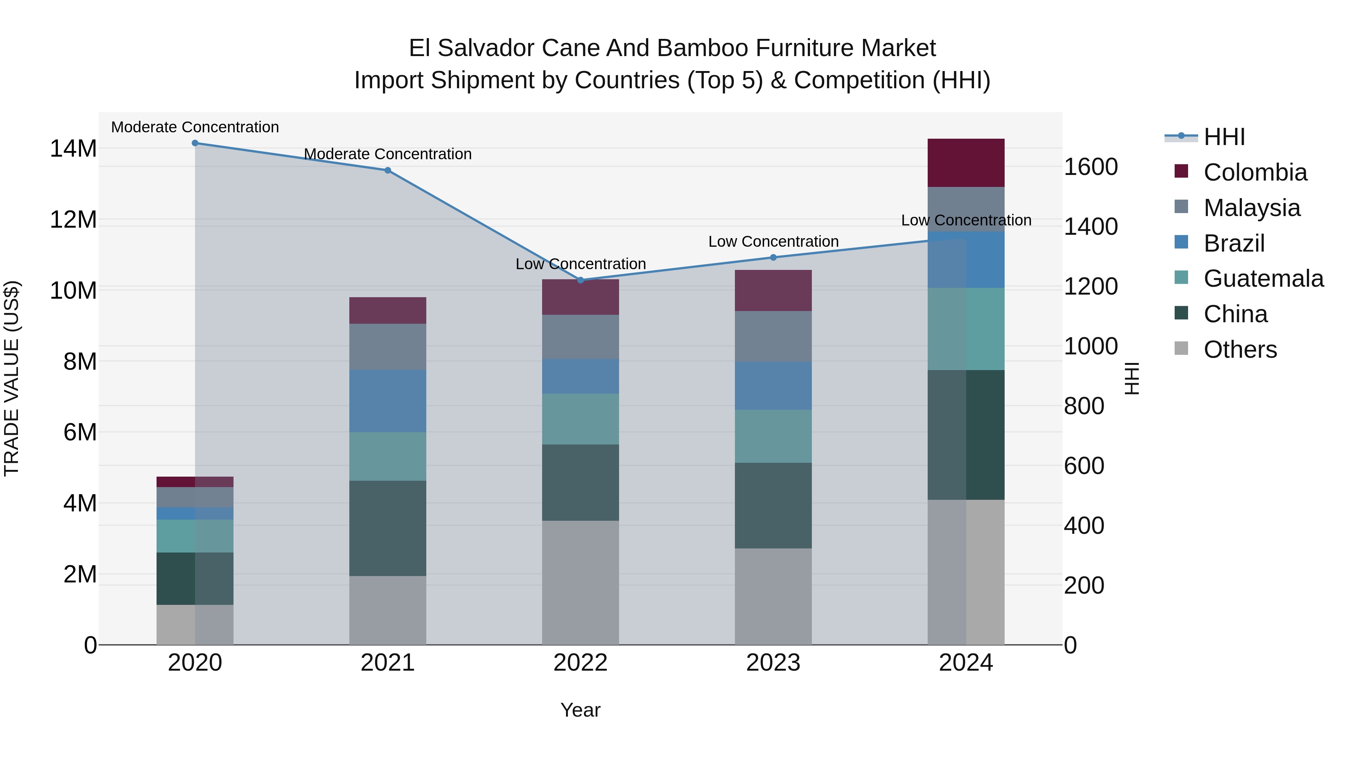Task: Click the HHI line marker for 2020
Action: (x=195, y=143)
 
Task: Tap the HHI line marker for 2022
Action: (x=580, y=280)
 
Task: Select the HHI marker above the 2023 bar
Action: (x=773, y=257)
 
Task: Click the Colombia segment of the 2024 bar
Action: (x=965, y=163)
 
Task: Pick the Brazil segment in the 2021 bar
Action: (x=387, y=401)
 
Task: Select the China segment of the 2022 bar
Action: (x=580, y=482)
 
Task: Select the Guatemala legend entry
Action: (x=1263, y=279)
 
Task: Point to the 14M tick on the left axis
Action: (x=73, y=149)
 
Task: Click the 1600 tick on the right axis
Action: (x=1091, y=167)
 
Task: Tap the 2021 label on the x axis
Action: (x=387, y=663)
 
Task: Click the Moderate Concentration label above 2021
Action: (x=387, y=154)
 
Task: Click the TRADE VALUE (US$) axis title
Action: (x=12, y=378)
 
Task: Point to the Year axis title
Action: (x=580, y=710)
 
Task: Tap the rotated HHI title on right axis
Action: (x=1131, y=378)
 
